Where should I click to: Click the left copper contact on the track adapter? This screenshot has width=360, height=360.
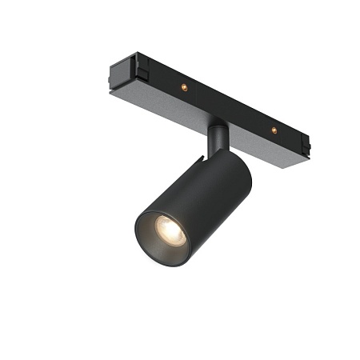click(x=184, y=86)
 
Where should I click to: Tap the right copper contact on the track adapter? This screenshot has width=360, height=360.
click(x=274, y=130)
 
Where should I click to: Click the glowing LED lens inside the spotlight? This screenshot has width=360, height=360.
click(x=170, y=231)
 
